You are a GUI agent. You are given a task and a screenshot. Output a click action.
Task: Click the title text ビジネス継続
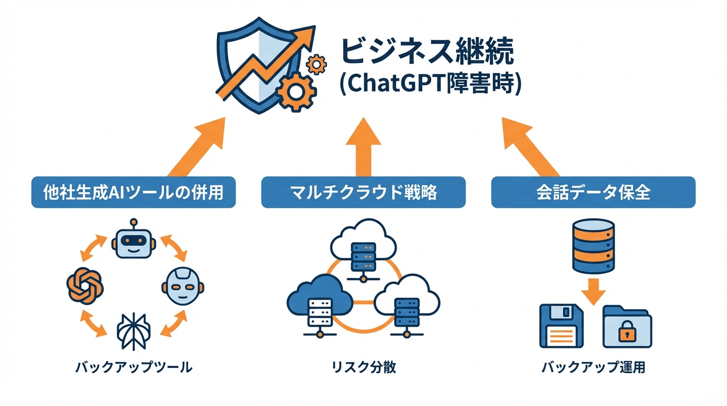(x=427, y=52)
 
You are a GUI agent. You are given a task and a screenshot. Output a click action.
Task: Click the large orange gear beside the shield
(x=296, y=90)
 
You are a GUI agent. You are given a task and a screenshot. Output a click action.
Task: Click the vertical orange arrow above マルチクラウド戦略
(x=363, y=147)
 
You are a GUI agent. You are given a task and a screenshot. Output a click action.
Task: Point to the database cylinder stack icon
(x=593, y=245)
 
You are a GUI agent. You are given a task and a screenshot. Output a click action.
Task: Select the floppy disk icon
(x=561, y=326)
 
